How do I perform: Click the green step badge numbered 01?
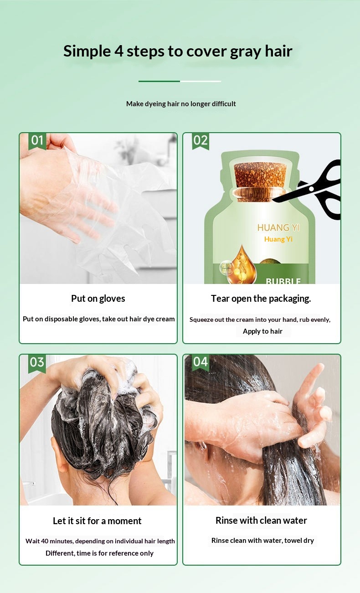click(37, 141)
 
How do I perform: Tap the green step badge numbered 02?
click(201, 141)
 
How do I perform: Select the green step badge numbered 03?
click(37, 363)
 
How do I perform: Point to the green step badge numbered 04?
click(201, 362)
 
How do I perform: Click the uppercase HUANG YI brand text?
click(278, 227)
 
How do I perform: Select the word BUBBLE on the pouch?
click(283, 281)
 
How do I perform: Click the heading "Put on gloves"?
click(98, 299)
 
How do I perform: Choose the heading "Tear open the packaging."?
click(261, 299)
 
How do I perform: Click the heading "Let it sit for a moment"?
click(97, 521)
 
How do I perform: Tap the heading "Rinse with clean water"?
click(261, 521)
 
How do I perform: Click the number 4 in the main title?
click(119, 51)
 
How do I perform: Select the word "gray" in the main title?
click(245, 52)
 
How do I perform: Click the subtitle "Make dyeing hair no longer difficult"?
click(181, 104)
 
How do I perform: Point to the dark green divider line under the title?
click(159, 81)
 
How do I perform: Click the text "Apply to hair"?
click(262, 331)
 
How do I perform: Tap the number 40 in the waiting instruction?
click(45, 541)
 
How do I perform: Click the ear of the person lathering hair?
click(59, 453)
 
